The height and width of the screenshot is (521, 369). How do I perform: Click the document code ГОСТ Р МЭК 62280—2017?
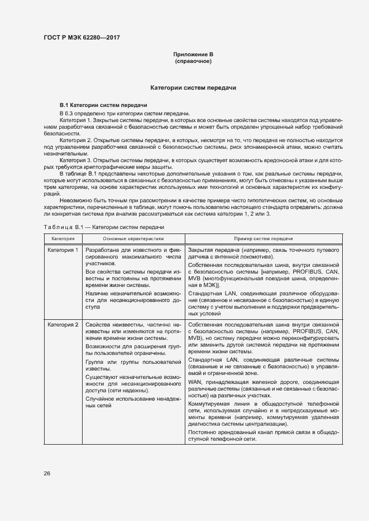coord(81,38)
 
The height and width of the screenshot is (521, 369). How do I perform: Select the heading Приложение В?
coord(193,54)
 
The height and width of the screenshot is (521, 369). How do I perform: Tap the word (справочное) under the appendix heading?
coord(193,61)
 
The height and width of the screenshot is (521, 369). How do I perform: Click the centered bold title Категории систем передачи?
coord(193,88)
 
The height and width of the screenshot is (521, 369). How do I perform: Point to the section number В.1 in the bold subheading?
coord(64,105)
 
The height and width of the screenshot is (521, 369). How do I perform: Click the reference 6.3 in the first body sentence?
coord(73,113)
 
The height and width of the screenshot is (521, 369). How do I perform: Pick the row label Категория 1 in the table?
coord(63,250)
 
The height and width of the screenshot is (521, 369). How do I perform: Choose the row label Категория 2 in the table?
coord(63,324)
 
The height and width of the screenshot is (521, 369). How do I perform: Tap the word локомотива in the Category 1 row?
coord(256,257)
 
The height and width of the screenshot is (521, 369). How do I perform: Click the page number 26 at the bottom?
coord(47,473)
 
